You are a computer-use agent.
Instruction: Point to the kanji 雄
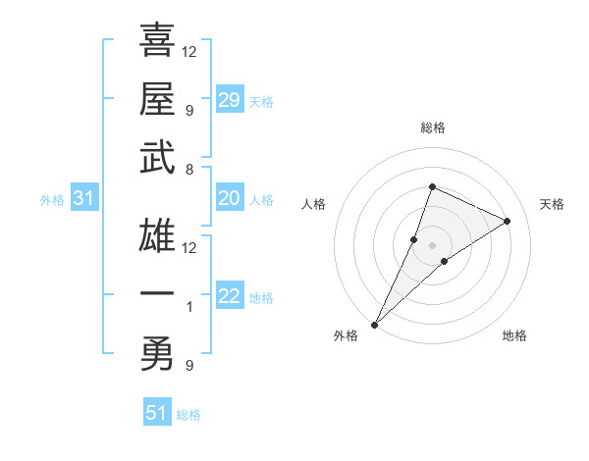[157, 235]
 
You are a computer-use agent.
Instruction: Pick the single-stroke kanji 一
[157, 295]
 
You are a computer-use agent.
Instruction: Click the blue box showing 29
[230, 99]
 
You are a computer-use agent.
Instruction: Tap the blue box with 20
[230, 199]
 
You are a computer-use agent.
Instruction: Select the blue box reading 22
[230, 297]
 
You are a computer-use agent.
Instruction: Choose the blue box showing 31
[84, 199]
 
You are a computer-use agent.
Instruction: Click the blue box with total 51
[157, 413]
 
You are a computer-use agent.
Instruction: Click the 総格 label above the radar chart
[432, 128]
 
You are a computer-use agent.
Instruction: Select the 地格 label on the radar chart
[514, 335]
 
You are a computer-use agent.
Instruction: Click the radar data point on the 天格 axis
[508, 221]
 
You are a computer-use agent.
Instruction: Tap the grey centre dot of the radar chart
[432, 245]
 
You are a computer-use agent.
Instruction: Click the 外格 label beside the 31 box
[52, 200]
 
